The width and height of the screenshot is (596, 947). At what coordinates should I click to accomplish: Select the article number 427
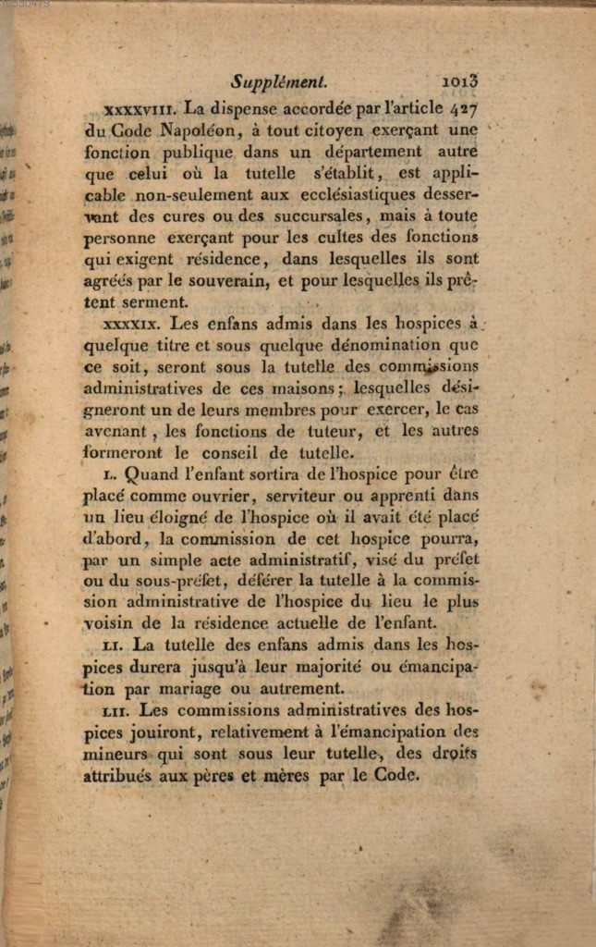point(463,106)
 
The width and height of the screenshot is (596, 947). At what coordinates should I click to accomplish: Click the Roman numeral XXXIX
point(133,325)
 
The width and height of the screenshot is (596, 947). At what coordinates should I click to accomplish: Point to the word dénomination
point(387,346)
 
